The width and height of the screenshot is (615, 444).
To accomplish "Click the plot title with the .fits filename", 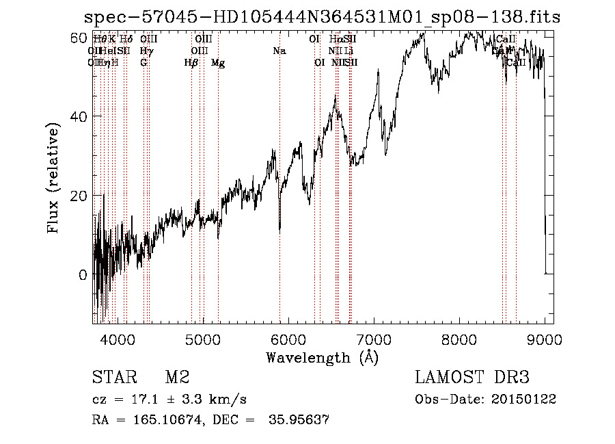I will point(321,17).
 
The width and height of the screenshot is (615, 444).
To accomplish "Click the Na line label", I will point(279,51).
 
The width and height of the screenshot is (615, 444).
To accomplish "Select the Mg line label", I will point(218,63).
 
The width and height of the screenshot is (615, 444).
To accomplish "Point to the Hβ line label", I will point(191,63).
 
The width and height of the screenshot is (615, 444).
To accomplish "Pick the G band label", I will point(143,63).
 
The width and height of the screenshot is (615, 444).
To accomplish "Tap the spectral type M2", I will point(177,378).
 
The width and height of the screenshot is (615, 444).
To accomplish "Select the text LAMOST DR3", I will point(472,378).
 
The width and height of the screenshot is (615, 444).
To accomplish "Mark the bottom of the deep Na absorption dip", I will point(279,231).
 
